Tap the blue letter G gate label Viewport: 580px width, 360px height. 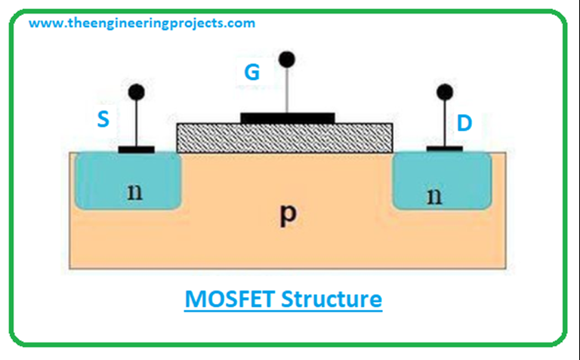click(x=252, y=73)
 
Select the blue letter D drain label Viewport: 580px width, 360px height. click(x=464, y=123)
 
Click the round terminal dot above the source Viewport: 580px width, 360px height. click(x=136, y=92)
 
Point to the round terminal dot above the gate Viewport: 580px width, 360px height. click(x=286, y=59)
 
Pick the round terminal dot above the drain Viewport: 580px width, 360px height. click(x=445, y=92)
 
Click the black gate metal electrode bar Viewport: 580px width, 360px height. click(x=287, y=118)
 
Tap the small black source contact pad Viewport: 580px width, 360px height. click(x=137, y=149)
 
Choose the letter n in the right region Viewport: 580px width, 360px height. click(x=433, y=195)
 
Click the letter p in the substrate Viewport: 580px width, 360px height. click(x=286, y=215)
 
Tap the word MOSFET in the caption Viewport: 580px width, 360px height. click(x=230, y=299)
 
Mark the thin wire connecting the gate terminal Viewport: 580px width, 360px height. click(x=286, y=91)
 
